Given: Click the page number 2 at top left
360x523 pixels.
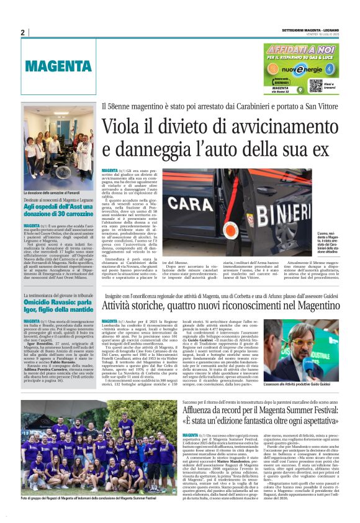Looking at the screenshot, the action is (x=22, y=32).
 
